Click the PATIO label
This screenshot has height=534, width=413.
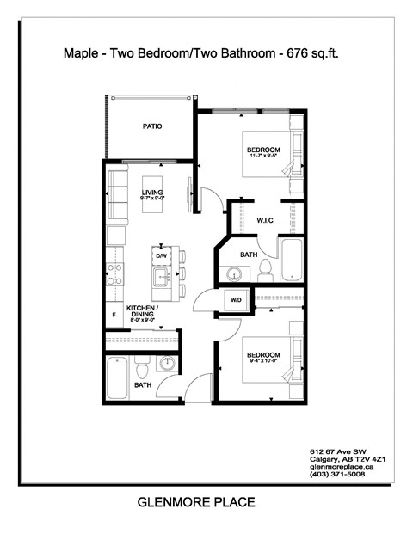[x=152, y=126]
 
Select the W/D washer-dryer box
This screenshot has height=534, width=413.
[x=234, y=299]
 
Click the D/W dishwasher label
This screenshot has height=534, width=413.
[x=161, y=255]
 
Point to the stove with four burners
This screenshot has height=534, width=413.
[x=114, y=274]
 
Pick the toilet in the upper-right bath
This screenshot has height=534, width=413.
[x=266, y=271]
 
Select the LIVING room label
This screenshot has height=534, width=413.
[x=152, y=192]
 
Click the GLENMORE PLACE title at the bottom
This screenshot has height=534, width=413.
[x=196, y=501]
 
